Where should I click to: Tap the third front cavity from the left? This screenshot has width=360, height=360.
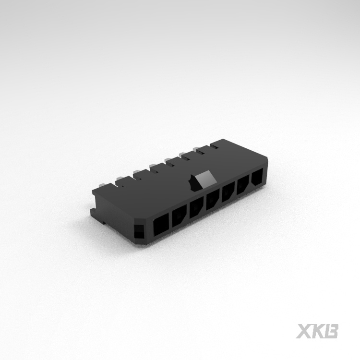196,208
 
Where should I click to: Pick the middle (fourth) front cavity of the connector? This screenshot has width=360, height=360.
213,200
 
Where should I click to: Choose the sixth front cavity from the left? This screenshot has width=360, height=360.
243,185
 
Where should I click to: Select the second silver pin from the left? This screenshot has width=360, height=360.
120,178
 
